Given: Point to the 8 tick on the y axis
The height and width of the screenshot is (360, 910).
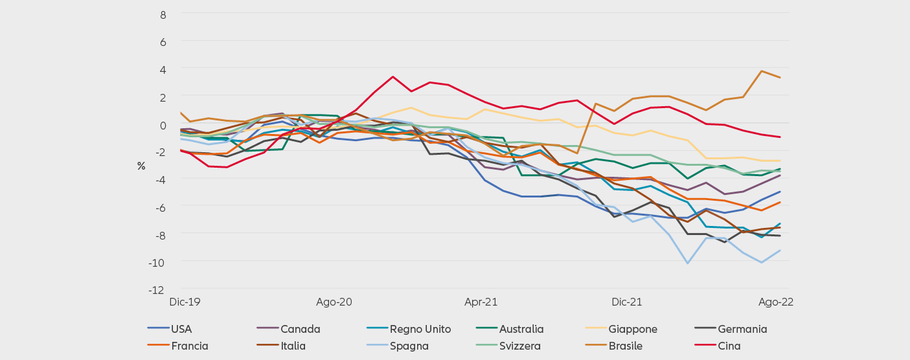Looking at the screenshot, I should coord(163,14).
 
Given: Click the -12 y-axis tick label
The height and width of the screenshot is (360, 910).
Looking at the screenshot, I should coord(157,289).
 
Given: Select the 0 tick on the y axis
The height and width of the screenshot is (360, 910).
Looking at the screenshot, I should coord(163,124).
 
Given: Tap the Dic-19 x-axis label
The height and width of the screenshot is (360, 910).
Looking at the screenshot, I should coord(185,302).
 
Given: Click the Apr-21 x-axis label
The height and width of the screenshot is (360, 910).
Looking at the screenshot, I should coord(481,302).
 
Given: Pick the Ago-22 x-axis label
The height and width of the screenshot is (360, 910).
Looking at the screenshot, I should coord(776,302).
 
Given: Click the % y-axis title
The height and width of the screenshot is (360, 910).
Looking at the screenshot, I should coord(141,166).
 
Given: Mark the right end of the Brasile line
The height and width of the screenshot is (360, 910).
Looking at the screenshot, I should coord(780,78).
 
